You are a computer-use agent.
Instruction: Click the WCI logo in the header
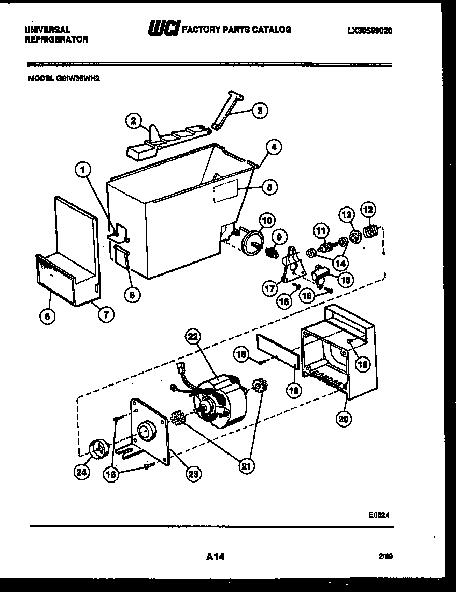[162, 30]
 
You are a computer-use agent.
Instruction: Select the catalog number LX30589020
[369, 31]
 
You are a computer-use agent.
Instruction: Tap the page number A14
[216, 557]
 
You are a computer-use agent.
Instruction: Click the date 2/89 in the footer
[385, 557]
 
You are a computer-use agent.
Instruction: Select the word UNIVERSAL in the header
[48, 30]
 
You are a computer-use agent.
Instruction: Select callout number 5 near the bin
[269, 187]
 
